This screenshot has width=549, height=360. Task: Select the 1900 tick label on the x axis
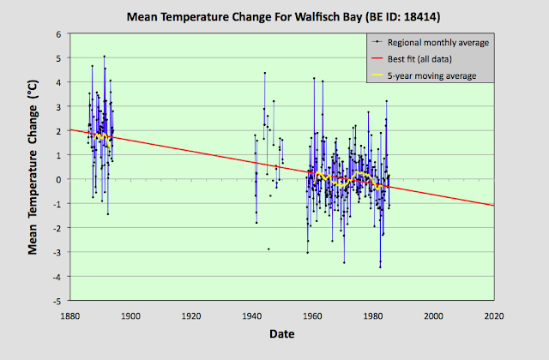click(x=130, y=315)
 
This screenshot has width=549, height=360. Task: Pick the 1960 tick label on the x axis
click(x=313, y=315)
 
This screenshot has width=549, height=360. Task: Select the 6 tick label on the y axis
click(x=58, y=33)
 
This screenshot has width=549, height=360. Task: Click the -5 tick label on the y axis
click(x=57, y=301)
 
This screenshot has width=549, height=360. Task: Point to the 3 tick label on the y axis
click(x=58, y=106)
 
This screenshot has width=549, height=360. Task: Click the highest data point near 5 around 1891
click(x=104, y=57)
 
